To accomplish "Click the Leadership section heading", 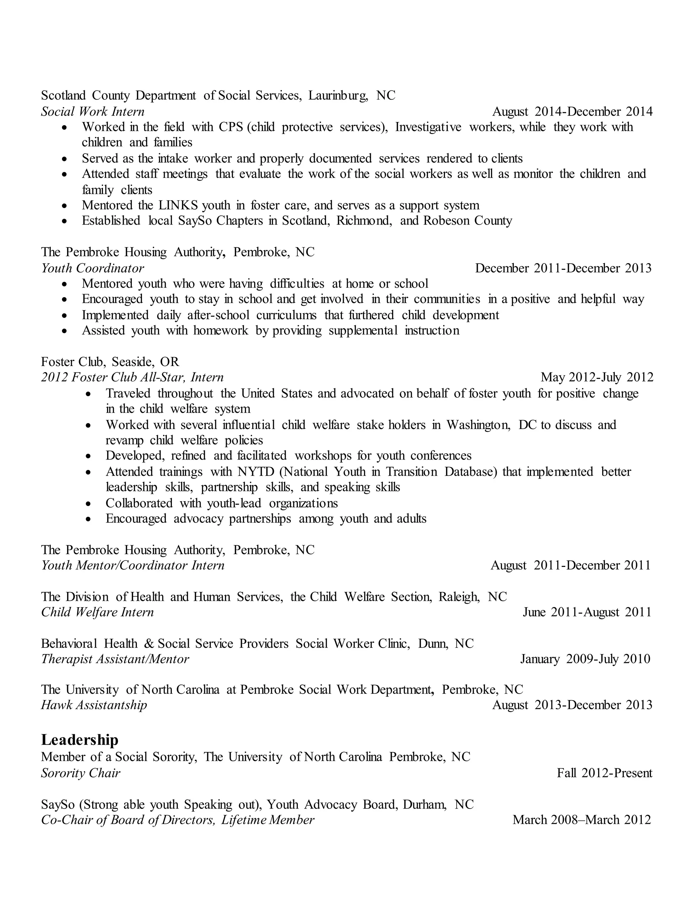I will [79, 740].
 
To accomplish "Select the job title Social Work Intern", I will [93, 111].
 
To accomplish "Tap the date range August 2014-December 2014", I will [572, 111].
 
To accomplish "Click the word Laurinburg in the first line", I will [338, 96].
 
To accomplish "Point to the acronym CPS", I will [231, 127].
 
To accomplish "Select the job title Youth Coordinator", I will [93, 268].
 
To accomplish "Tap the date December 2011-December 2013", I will [563, 268].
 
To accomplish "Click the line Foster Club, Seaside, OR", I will [110, 362].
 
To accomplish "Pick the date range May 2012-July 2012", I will [596, 377].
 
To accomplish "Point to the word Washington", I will [478, 425].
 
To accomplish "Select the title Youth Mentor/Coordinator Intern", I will [132, 565].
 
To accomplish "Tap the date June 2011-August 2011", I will [587, 612].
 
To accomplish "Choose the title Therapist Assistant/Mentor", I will [115, 659].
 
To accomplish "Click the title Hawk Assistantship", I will [94, 705].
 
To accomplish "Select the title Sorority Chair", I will [81, 773].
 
